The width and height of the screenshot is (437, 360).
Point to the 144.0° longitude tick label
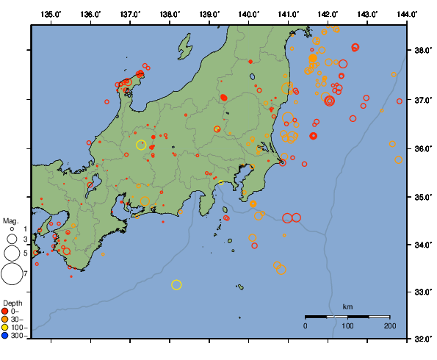(x=406, y=14)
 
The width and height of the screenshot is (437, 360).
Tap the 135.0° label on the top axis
(x=51, y=14)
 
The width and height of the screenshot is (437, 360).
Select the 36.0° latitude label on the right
(x=422, y=148)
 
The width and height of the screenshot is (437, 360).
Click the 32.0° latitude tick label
(x=422, y=339)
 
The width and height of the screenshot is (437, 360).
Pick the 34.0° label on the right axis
(x=422, y=245)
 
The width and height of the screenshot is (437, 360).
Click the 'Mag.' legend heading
(x=10, y=220)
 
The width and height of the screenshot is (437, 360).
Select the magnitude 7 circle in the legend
(x=11, y=274)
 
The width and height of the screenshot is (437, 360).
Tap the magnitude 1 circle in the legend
(x=12, y=229)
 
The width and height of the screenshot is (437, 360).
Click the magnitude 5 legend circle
(x=11, y=253)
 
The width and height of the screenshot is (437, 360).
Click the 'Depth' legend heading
(x=12, y=303)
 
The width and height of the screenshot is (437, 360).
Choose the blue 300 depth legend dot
(x=5, y=336)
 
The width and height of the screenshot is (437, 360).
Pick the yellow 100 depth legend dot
(x=5, y=327)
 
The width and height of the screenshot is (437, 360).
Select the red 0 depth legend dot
(x=5, y=311)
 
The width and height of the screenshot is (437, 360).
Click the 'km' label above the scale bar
(x=348, y=306)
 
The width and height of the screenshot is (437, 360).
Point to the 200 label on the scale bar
(x=389, y=325)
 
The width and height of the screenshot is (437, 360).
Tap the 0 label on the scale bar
(x=306, y=325)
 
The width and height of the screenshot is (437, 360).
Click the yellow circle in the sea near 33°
(x=176, y=284)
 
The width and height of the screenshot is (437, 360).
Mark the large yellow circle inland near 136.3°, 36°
(x=141, y=145)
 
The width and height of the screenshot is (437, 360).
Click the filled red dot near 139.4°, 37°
(x=223, y=97)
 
